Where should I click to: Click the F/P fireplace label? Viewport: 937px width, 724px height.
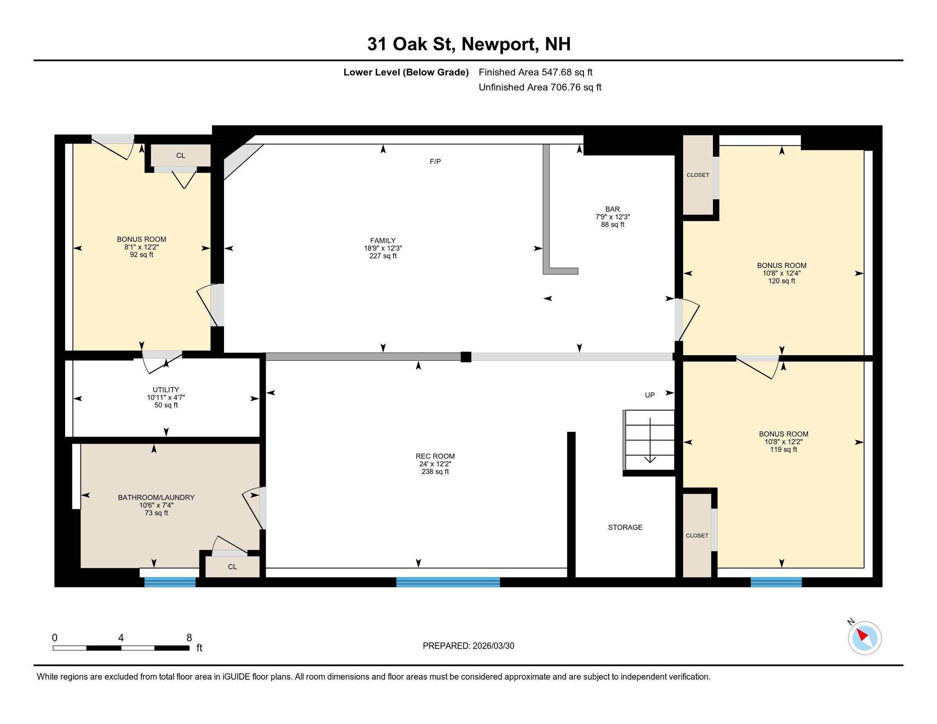(435, 162)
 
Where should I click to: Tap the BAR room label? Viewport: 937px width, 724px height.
(612, 209)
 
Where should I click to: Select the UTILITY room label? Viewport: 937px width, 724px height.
(166, 390)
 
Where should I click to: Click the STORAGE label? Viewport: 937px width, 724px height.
(625, 527)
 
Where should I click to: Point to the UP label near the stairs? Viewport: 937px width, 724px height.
(650, 395)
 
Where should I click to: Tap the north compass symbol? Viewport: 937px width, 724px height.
(865, 638)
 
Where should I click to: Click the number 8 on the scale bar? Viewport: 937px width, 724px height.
(189, 638)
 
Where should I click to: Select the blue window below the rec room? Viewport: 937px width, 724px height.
(448, 582)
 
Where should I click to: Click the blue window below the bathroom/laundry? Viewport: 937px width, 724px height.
(170, 582)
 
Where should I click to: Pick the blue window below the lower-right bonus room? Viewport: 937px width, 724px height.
(776, 582)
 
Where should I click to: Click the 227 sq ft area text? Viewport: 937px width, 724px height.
(383, 256)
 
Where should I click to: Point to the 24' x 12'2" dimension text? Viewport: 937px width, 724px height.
(435, 464)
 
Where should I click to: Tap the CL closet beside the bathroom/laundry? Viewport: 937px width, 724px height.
(232, 567)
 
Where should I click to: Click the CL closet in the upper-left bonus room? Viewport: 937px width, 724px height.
(181, 156)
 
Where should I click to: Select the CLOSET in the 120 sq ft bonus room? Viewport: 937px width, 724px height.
(698, 175)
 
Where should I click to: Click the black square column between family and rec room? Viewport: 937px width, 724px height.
(466, 357)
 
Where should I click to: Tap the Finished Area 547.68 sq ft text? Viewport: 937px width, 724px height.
(535, 72)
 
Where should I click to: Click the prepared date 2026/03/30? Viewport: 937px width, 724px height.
(493, 646)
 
